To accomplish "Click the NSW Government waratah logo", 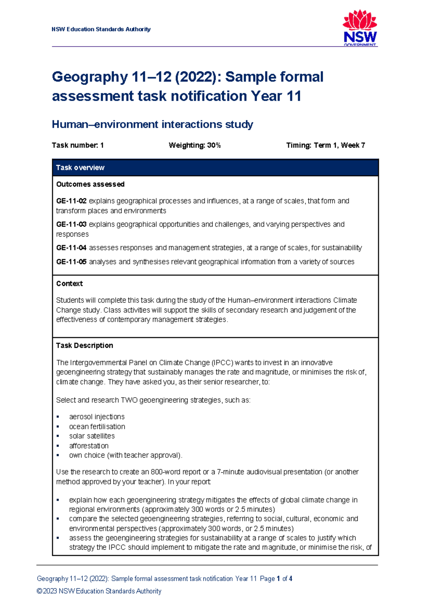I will coord(360,28).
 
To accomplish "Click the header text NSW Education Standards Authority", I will coord(101,29).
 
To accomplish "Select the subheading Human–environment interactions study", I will coord(152,124).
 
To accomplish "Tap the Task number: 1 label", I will coord(78,145).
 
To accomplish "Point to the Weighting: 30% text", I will coord(195,145).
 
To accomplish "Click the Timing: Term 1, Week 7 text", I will coord(325,145).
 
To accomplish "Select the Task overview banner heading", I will coord(80,167).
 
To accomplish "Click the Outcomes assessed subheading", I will coord(90,184).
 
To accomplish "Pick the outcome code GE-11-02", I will coord(71,201).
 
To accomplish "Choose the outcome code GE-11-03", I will coord(71,224).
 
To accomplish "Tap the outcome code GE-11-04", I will coord(71,248).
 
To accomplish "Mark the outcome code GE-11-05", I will coord(71,262).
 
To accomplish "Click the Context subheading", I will coord(70,284).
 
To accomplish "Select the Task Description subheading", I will coord(85,346).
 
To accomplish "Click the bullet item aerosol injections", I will coord(97,417).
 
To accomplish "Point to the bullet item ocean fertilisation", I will coord(97,427).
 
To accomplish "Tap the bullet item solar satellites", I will coord(92,436).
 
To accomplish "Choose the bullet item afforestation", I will coord(89,446).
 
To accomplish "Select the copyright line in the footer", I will coord(99,591).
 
